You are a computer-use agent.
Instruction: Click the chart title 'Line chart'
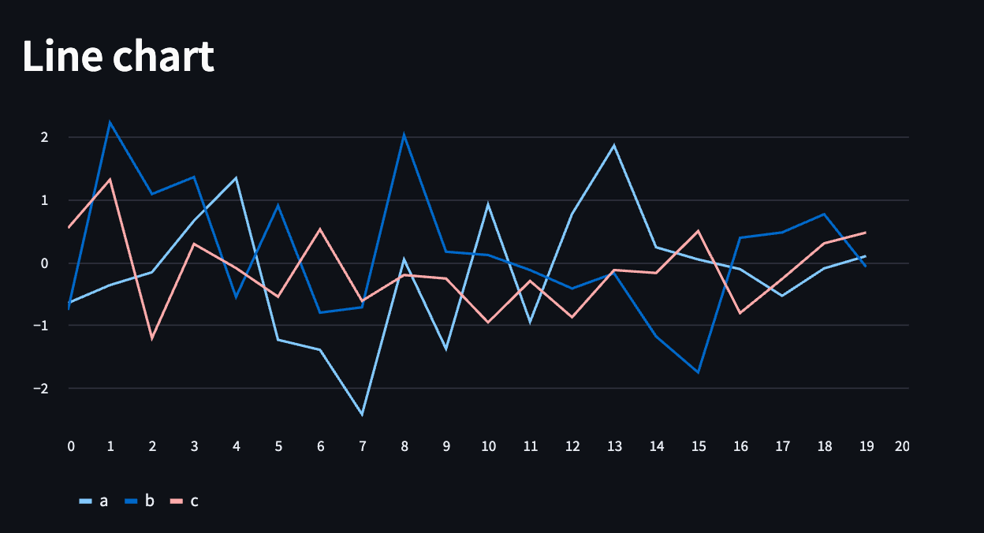point(118,57)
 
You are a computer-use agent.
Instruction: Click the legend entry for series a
point(94,501)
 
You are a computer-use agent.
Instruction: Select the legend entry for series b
point(140,501)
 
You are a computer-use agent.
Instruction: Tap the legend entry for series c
point(184,501)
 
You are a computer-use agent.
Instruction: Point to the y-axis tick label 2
point(45,137)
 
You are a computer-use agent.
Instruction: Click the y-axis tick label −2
point(41,388)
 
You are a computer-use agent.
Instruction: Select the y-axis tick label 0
point(45,263)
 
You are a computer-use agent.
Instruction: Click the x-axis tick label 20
point(902,446)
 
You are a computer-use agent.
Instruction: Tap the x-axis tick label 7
point(362,446)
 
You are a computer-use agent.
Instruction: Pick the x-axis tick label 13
point(614,446)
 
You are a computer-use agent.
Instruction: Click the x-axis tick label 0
point(71,446)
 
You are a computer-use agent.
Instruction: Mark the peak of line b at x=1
point(110,122)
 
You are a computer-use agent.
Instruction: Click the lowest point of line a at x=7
point(362,414)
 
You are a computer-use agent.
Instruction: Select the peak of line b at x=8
point(404,135)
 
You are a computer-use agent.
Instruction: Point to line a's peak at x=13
point(614,146)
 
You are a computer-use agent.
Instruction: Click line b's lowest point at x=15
point(699,372)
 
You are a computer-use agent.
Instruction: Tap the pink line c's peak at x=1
point(110,179)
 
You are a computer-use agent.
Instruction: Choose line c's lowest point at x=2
point(152,338)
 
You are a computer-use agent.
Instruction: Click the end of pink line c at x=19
point(866,233)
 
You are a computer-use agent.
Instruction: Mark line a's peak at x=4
point(236,177)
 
